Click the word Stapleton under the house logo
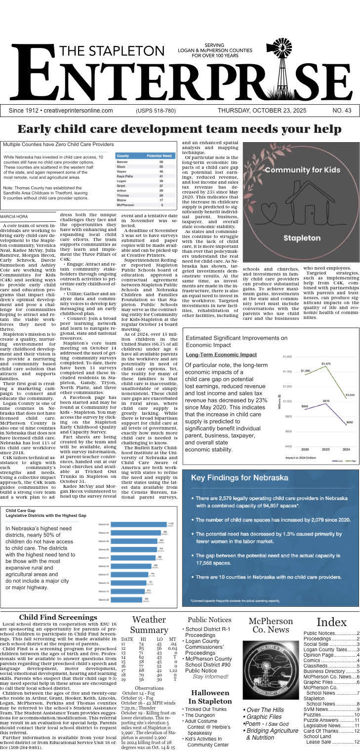302,238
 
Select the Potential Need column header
160,156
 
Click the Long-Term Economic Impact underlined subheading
221,355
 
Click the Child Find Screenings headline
58,617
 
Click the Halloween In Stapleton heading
210,697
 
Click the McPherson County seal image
271,670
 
